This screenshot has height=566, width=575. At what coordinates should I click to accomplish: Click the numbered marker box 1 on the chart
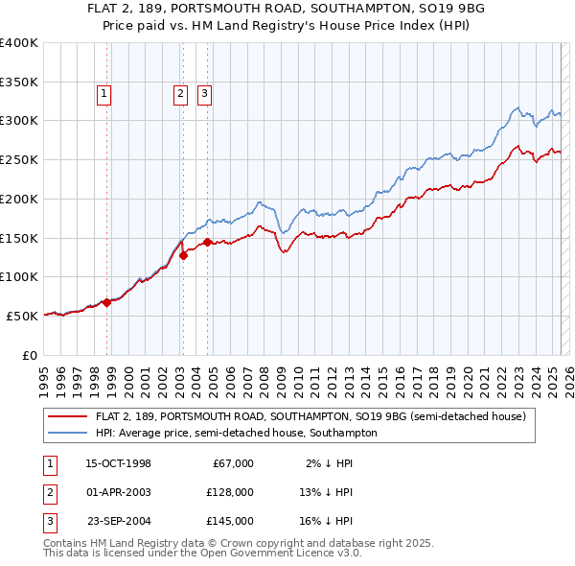coord(103,94)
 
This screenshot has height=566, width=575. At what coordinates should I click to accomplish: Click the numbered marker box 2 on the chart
coord(180,94)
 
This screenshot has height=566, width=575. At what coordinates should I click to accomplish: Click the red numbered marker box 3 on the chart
coord(205,94)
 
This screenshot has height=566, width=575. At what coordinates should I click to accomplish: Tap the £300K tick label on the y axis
coord(19,121)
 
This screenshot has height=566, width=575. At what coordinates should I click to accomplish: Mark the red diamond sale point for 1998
coord(107,302)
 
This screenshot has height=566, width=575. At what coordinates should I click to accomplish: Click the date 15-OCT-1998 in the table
coord(119,463)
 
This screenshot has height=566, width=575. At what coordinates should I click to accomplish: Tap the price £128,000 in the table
coord(229,492)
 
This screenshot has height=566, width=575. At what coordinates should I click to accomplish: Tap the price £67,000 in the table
coord(232,463)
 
